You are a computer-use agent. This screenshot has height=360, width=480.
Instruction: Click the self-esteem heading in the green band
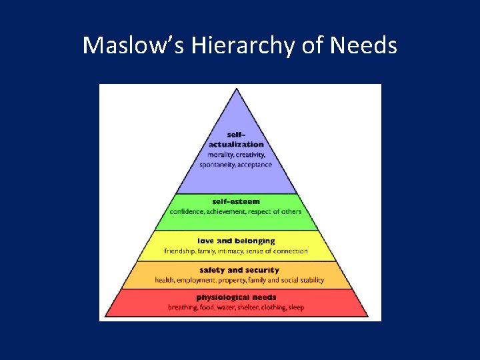236,201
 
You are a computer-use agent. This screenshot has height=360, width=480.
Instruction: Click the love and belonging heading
236,241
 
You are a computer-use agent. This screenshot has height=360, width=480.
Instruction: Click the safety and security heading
236,270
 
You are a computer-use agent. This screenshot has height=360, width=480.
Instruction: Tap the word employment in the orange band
199,280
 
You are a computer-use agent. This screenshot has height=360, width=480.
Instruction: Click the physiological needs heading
236,297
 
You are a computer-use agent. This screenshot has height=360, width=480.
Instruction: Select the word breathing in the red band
182,307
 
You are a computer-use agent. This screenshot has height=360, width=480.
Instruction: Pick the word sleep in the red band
297,307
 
